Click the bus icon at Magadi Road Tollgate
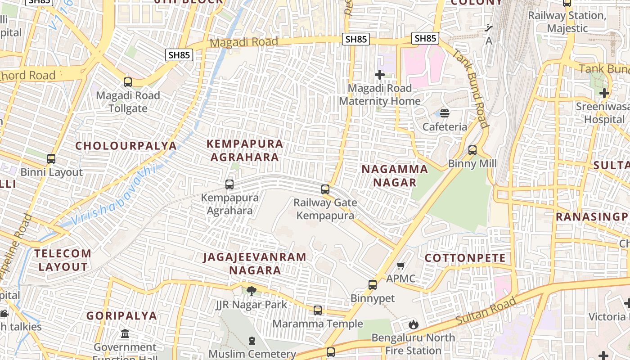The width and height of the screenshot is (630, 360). (128, 82)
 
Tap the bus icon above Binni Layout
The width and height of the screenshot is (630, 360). (51, 159)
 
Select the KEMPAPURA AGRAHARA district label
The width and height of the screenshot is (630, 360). (245, 150)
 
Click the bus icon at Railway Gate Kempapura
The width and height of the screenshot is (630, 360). (325, 189)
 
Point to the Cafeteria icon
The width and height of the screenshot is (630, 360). (445, 113)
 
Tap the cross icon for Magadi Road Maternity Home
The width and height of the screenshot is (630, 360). (380, 75)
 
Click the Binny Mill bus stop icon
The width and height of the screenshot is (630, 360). (472, 150)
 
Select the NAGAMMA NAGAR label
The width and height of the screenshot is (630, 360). (395, 175)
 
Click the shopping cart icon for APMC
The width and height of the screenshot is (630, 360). (401, 265)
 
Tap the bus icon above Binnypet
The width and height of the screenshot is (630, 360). (373, 284)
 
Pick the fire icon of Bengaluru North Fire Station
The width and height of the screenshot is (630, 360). (413, 324)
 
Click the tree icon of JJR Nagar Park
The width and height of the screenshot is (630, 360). (252, 291)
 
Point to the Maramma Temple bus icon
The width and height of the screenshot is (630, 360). (318, 310)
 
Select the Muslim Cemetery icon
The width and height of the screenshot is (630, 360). (252, 341)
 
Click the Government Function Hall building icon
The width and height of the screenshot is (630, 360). (125, 334)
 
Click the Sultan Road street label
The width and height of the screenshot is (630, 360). (486, 311)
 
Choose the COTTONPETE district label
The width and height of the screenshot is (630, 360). (465, 258)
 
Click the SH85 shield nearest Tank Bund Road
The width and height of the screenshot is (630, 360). (425, 38)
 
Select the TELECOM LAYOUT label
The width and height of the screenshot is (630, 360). (63, 260)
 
